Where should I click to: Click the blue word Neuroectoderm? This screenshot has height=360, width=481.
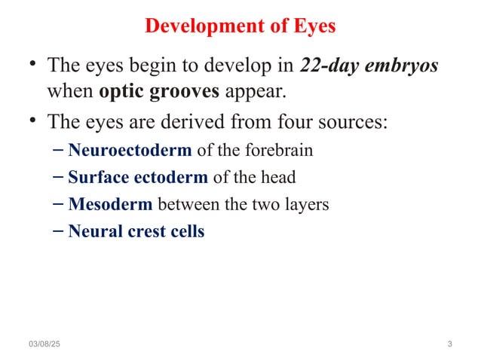(x=130, y=150)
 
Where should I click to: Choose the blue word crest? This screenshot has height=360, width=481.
(x=145, y=231)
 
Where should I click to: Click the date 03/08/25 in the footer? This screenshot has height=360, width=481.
(x=46, y=344)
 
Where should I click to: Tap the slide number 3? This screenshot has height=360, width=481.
(x=449, y=344)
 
